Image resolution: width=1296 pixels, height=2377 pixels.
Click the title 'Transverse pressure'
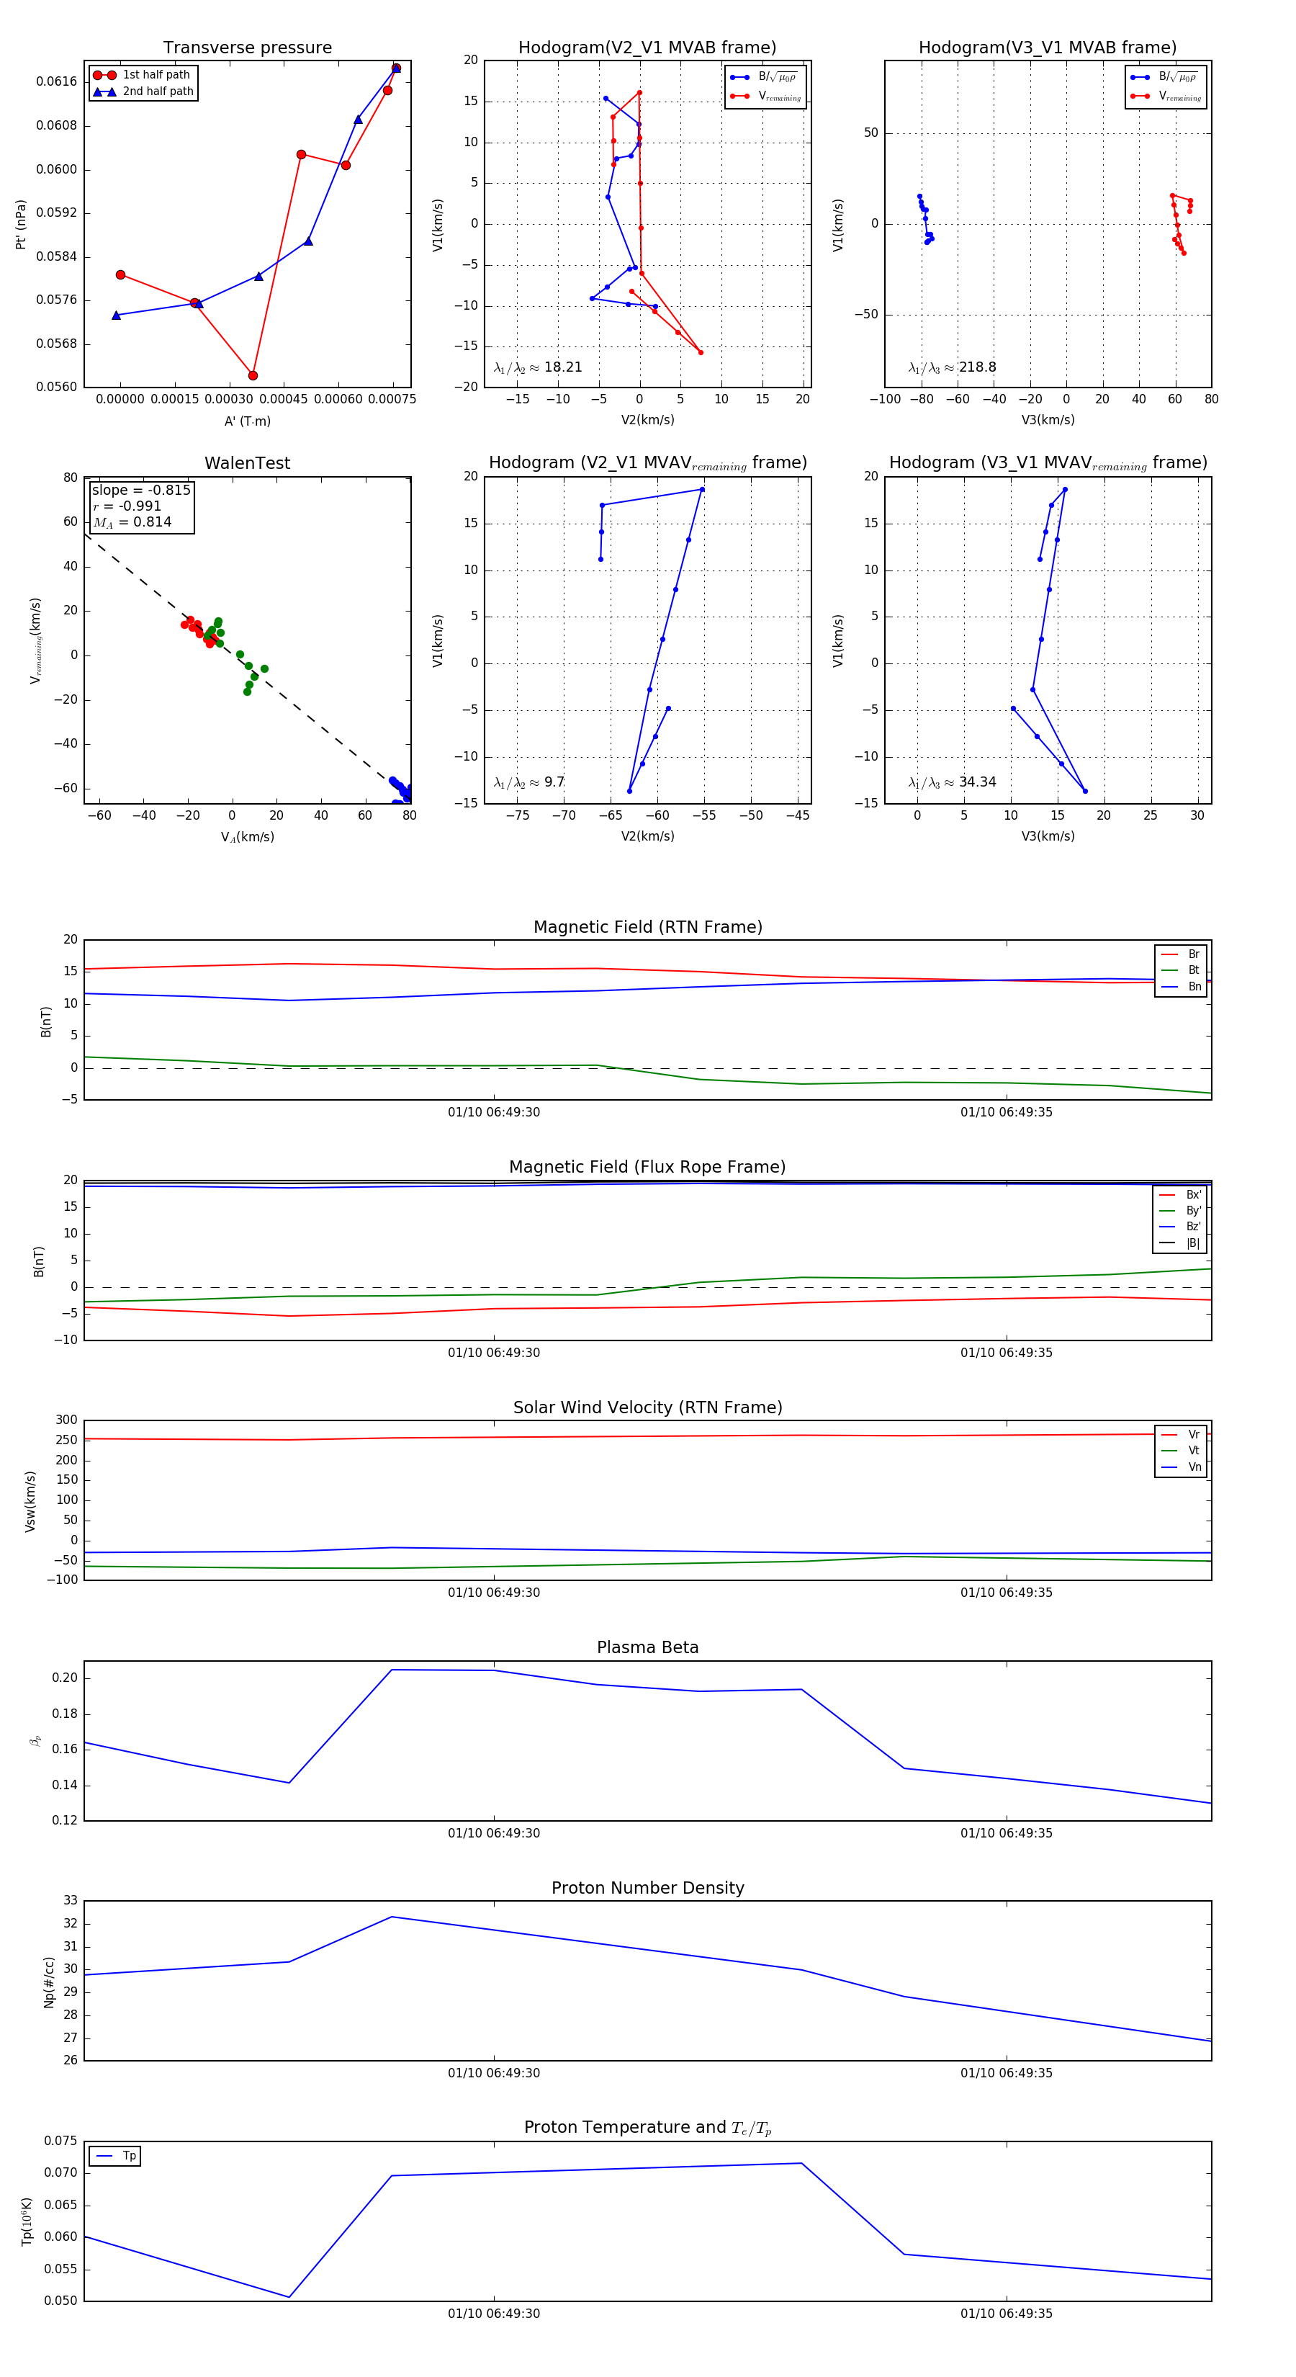(x=247, y=48)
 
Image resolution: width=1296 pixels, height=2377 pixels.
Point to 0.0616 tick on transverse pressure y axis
(x=56, y=81)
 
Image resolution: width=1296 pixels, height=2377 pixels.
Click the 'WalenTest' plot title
(x=247, y=463)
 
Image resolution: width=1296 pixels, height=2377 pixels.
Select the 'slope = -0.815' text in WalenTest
(x=141, y=490)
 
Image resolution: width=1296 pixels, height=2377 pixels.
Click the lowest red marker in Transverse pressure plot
(x=253, y=375)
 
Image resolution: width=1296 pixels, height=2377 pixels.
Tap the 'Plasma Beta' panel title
(x=647, y=1647)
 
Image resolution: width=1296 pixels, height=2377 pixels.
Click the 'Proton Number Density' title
(x=647, y=1888)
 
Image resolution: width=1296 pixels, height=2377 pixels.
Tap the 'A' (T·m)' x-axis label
(x=247, y=421)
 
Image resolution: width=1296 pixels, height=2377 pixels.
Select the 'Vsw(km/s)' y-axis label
(x=30, y=1501)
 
